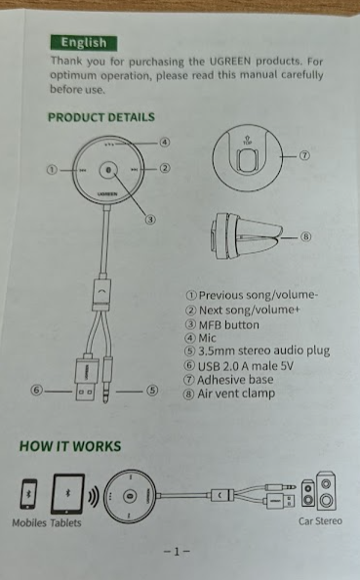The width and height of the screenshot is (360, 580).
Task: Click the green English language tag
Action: click(x=84, y=43)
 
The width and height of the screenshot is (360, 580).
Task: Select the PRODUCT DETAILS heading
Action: click(x=101, y=117)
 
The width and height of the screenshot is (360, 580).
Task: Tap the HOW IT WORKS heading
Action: click(x=70, y=446)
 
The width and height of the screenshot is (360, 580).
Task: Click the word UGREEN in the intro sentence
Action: click(x=230, y=62)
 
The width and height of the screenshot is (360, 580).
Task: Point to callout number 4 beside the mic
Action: click(x=165, y=142)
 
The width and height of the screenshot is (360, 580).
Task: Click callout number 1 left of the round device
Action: click(x=52, y=170)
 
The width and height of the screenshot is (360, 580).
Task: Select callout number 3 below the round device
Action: click(x=149, y=220)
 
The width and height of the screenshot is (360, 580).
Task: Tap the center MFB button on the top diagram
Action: click(x=108, y=170)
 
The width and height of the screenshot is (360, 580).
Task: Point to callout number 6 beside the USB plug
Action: click(x=37, y=391)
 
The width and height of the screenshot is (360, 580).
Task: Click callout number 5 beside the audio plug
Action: click(x=152, y=391)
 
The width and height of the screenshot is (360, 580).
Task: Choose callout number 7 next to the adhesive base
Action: click(x=304, y=155)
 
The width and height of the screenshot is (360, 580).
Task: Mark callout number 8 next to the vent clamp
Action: click(x=305, y=236)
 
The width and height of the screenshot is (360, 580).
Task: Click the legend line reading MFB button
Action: click(x=222, y=325)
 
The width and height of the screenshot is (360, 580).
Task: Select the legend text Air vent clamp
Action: click(x=229, y=394)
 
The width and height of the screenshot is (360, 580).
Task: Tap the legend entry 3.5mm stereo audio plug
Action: click(x=258, y=351)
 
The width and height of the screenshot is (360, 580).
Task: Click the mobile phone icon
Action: click(x=29, y=494)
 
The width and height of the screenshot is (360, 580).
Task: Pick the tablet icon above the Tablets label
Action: click(x=67, y=494)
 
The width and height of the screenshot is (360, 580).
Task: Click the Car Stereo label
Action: click(x=320, y=521)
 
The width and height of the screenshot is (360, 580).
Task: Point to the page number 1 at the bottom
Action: click(x=177, y=552)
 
